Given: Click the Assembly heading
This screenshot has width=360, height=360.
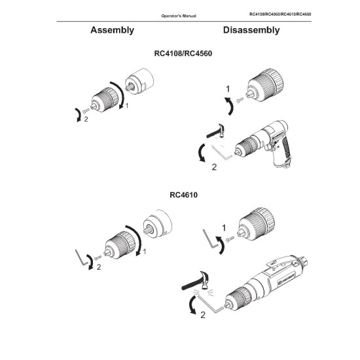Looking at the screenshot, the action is coord(113,30).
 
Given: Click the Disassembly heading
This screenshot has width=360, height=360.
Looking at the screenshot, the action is coord(251,30).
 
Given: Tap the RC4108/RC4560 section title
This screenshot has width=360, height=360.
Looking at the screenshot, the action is coord(183,54).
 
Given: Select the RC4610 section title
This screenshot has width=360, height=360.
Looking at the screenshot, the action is coord(183,195).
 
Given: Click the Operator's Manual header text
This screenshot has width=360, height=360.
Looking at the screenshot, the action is coord(179,16).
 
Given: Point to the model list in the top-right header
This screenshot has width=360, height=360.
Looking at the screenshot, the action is coord(280,14).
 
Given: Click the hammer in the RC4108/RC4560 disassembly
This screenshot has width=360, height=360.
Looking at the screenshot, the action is coord(216,131).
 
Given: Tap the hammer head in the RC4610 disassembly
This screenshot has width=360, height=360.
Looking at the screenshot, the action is coord(205,279).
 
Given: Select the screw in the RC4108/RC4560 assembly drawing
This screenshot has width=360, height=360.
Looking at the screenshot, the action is coord(86,111).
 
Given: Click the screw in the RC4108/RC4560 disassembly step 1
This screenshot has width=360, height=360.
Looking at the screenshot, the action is coord(240,100).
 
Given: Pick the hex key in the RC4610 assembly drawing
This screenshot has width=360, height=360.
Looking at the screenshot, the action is coord(82,257).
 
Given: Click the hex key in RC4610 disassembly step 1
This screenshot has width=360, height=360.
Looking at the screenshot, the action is coord(210,239).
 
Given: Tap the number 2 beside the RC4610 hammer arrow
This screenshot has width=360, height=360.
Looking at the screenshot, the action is coord(203,315).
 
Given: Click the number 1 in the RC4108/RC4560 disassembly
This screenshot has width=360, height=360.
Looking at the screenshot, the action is coord(228,89).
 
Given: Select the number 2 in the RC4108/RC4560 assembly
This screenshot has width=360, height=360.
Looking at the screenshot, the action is coord(86,119).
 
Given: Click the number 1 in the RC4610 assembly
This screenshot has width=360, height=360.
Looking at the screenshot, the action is coord(145,251).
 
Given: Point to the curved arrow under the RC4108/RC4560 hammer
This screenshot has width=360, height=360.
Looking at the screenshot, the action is coord(202,153).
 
